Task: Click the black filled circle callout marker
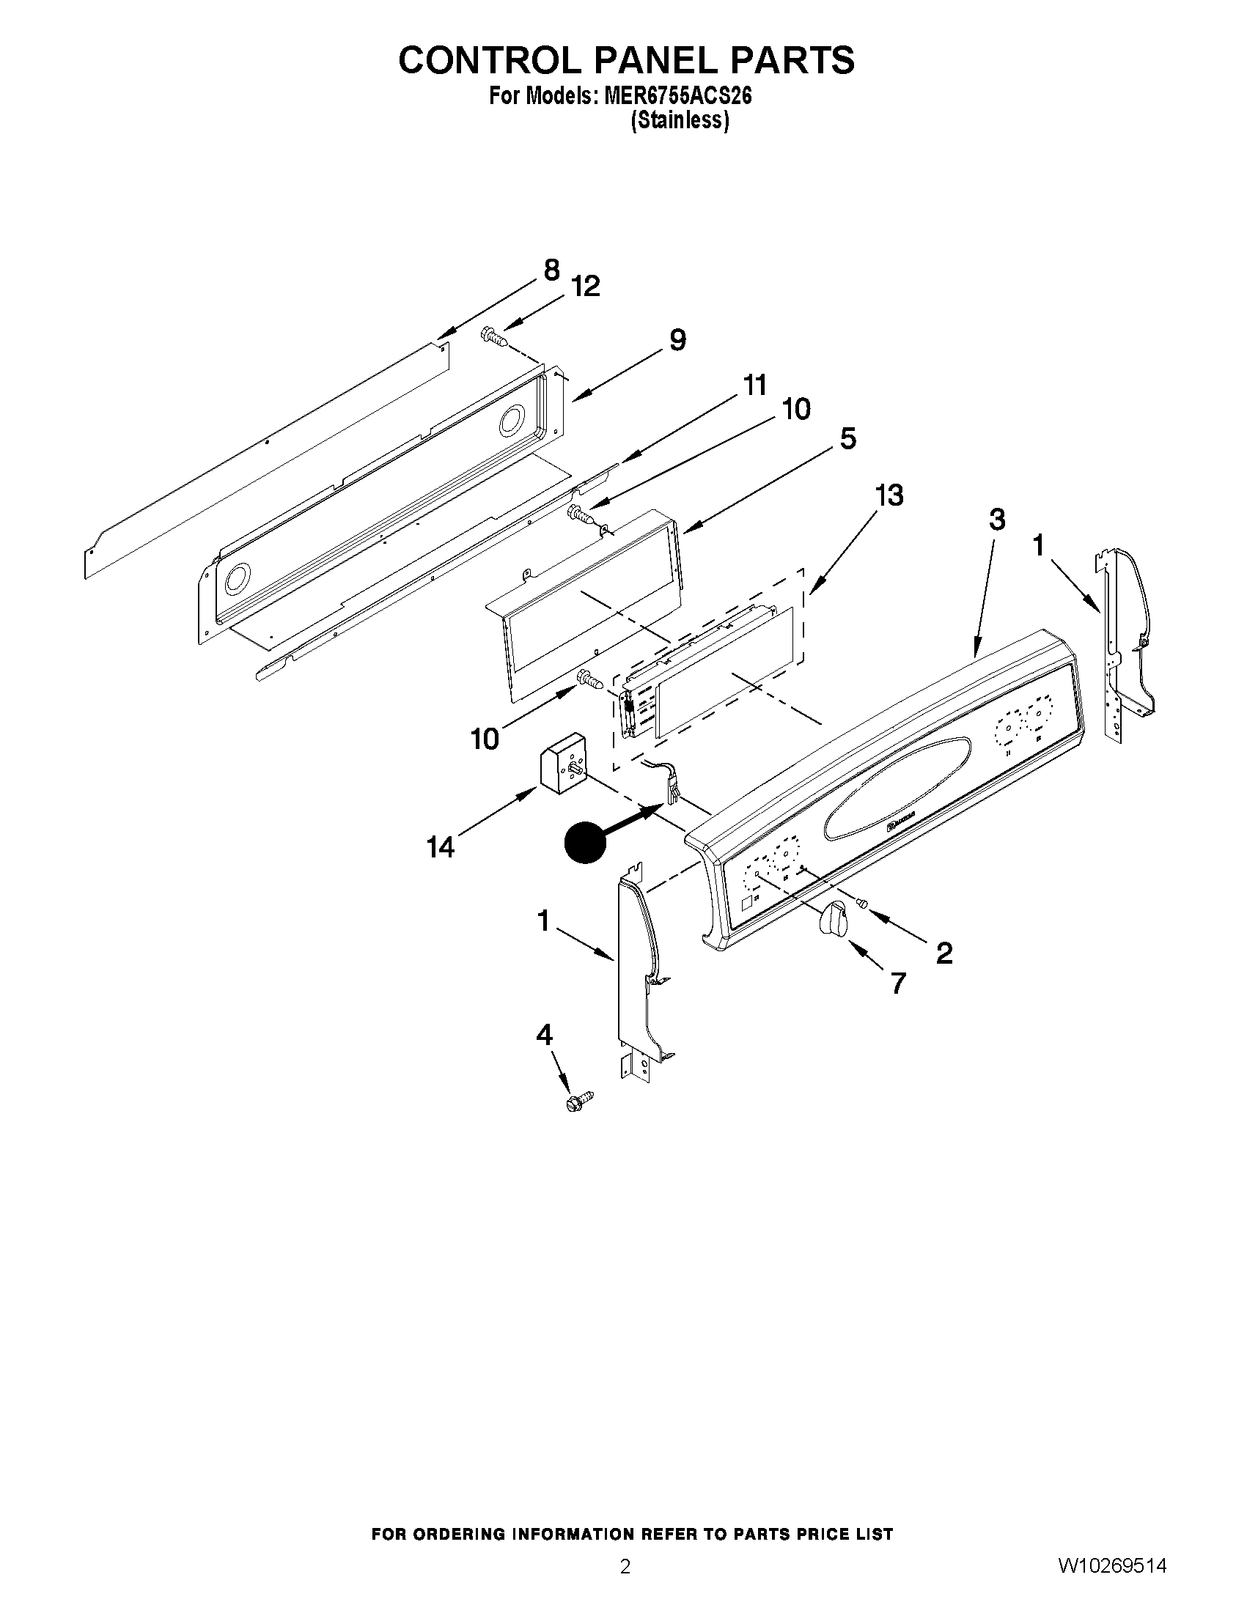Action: [x=585, y=842]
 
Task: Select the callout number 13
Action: [x=889, y=495]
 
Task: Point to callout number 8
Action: [x=551, y=270]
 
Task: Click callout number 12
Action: [x=586, y=286]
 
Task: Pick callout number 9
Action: [x=677, y=340]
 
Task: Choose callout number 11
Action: [x=754, y=385]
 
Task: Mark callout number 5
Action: [x=848, y=439]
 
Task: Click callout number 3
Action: [x=996, y=520]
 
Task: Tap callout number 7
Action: [x=897, y=983]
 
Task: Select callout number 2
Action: [x=943, y=953]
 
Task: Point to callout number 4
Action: [x=544, y=1036]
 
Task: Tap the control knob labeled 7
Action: [x=834, y=918]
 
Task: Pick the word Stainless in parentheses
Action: [x=680, y=120]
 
